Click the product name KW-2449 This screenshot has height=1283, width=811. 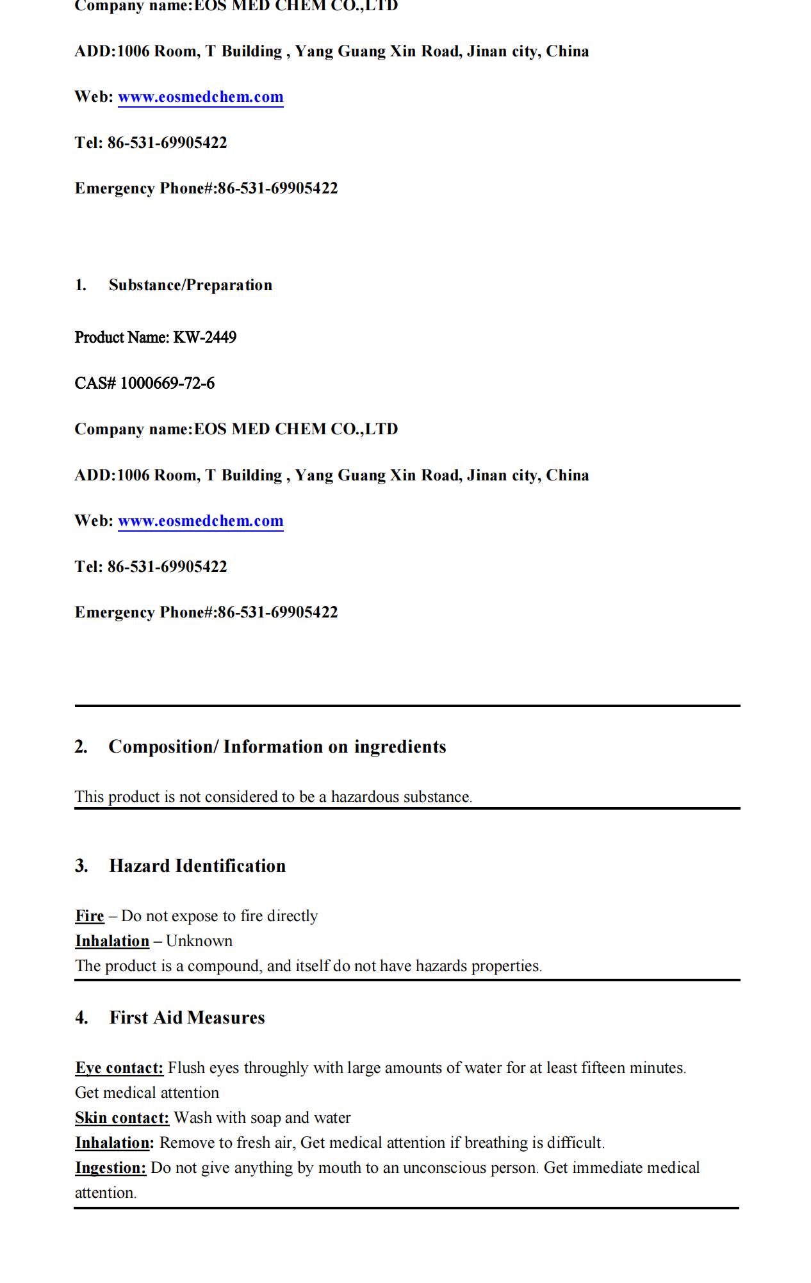(205, 338)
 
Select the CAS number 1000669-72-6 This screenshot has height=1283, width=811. (167, 384)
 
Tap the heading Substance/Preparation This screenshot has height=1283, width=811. (190, 285)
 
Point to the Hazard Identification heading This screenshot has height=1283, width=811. (197, 866)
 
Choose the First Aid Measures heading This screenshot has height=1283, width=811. (187, 1018)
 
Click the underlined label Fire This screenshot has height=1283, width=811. (90, 916)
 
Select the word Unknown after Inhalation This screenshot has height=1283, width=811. (199, 941)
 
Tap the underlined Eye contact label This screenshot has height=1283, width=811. (119, 1068)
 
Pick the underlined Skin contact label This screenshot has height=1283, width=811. (122, 1118)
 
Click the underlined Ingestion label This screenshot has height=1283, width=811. (110, 1168)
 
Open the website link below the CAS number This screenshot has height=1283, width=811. (201, 521)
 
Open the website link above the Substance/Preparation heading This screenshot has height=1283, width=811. (201, 97)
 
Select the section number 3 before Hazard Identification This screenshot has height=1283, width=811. (81, 866)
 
